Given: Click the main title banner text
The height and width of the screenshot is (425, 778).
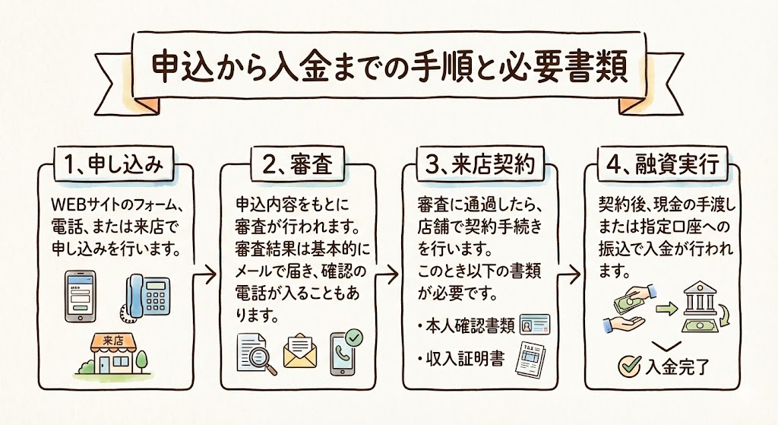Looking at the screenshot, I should click(x=389, y=69).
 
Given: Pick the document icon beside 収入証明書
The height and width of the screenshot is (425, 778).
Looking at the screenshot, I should click(x=532, y=360).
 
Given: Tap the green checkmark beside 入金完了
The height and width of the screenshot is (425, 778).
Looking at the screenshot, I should click(x=628, y=366).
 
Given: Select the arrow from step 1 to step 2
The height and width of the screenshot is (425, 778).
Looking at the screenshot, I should click(x=204, y=271).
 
